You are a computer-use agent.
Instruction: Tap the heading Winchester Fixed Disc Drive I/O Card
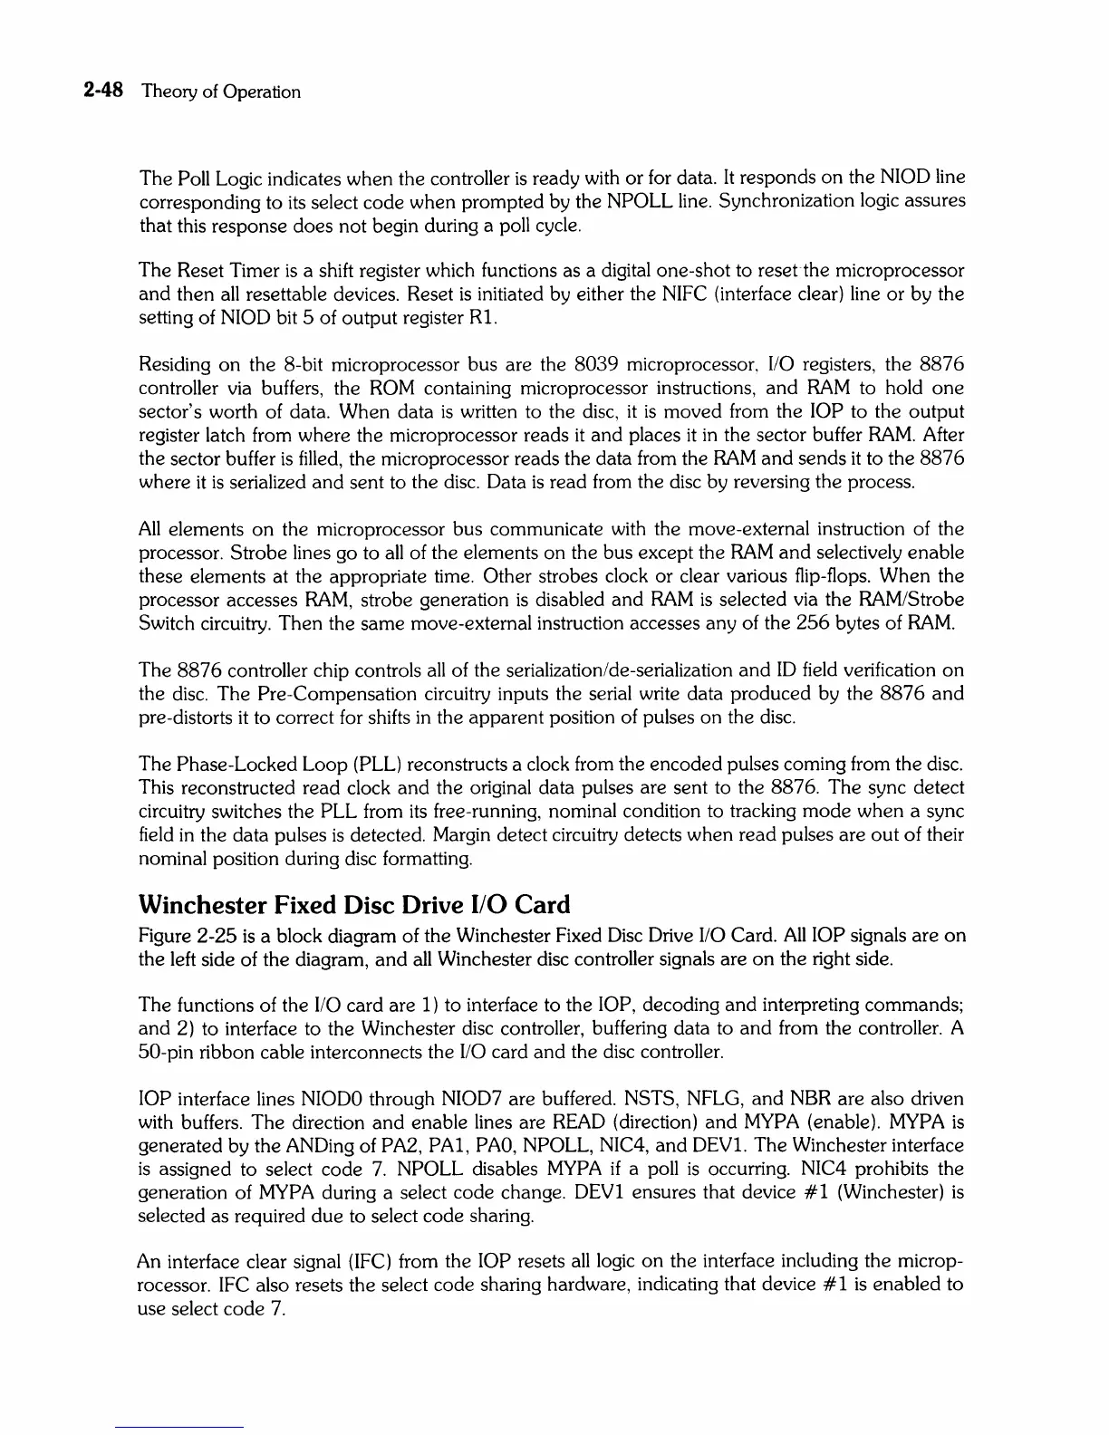coord(354,905)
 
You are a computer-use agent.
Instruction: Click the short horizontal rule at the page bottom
coord(180,1427)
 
